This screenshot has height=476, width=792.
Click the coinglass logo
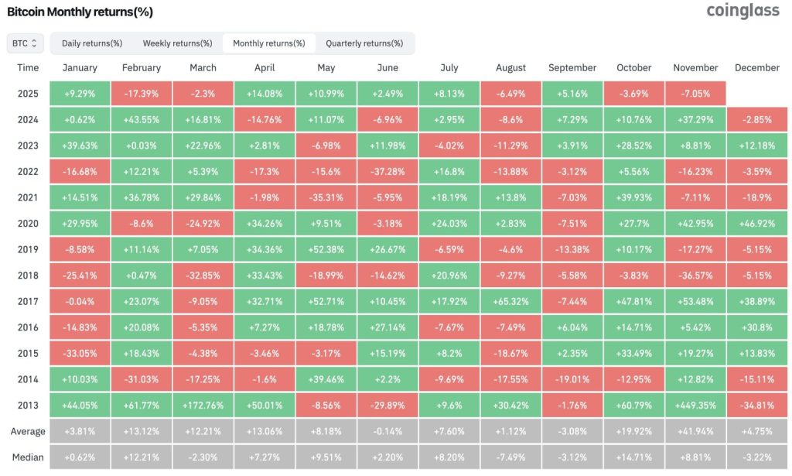coord(742,12)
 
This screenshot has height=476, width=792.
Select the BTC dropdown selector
coord(25,43)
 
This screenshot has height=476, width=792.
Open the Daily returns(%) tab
coord(92,43)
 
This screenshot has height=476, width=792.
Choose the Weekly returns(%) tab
coord(177,43)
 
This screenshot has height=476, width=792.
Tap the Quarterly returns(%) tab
coord(364,43)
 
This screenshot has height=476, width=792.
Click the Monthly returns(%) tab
coord(268,43)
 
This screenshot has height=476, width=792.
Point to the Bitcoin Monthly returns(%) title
coord(80,12)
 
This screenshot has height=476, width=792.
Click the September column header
coord(572,68)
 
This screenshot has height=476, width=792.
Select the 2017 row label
coord(28,300)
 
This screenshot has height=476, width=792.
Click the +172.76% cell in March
coord(203,404)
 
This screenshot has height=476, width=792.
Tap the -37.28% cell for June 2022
coord(387,171)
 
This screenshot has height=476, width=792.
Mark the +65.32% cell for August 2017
coord(511,300)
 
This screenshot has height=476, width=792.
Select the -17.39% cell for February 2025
coord(141,94)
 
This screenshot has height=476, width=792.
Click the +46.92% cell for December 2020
coord(757,223)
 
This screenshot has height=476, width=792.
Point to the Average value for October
coord(634,431)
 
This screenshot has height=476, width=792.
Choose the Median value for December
coord(757,457)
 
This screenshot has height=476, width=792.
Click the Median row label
coord(28,457)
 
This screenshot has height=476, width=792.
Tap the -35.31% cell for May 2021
coord(326,197)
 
